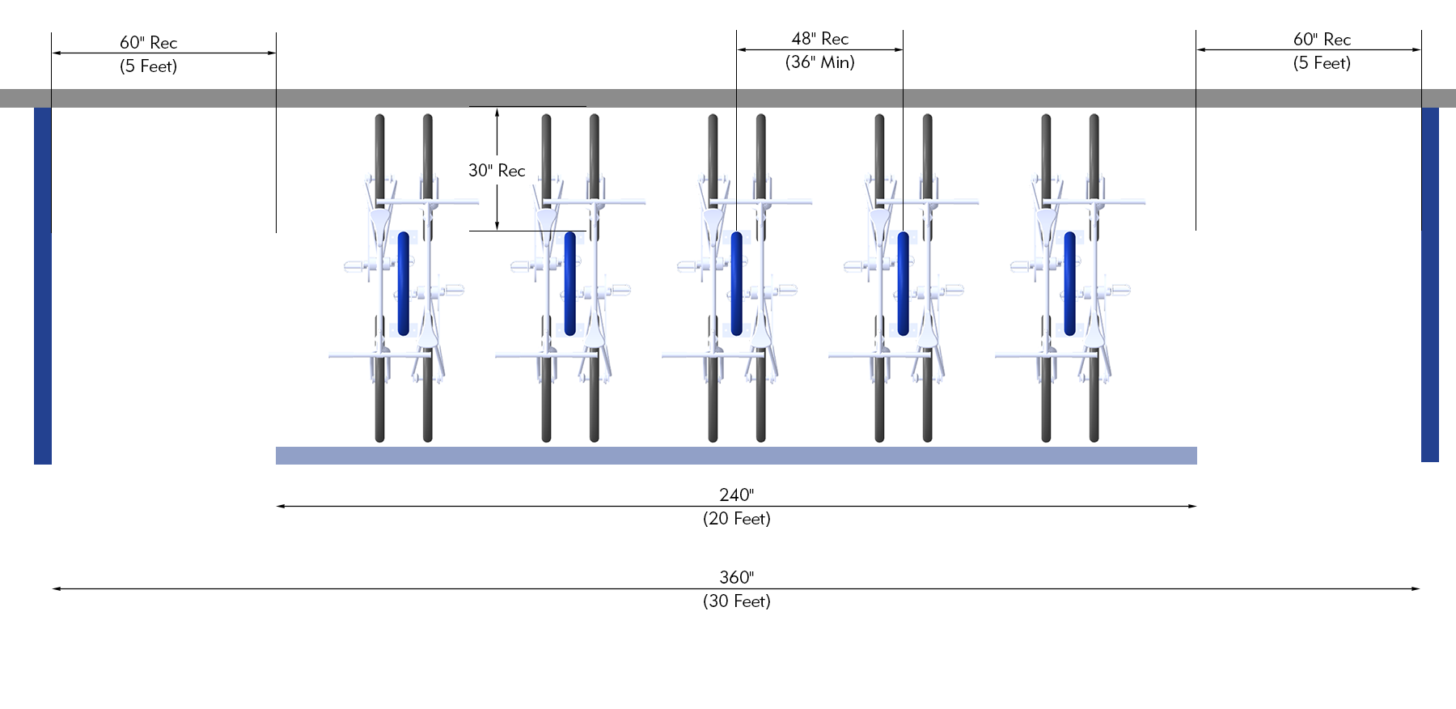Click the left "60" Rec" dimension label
coord(148,42)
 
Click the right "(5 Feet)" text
coord(1322,63)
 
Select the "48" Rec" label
coord(819,38)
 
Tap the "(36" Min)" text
coord(819,62)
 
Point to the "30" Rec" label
coord(497,170)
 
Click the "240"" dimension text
coord(736,495)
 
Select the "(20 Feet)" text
coord(736,519)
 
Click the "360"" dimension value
coord(736,577)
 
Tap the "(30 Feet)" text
coord(736,601)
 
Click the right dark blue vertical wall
coord(1429,283)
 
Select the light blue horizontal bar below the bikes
coord(736,456)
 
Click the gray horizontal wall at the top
coord(728,98)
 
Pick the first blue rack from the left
coord(403,283)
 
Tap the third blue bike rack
coord(736,283)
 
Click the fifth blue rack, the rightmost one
coord(1069,283)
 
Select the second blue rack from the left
coord(569,283)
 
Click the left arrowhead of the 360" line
coord(56,588)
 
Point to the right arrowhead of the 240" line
coord(1193,506)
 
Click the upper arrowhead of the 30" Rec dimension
coord(497,111)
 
